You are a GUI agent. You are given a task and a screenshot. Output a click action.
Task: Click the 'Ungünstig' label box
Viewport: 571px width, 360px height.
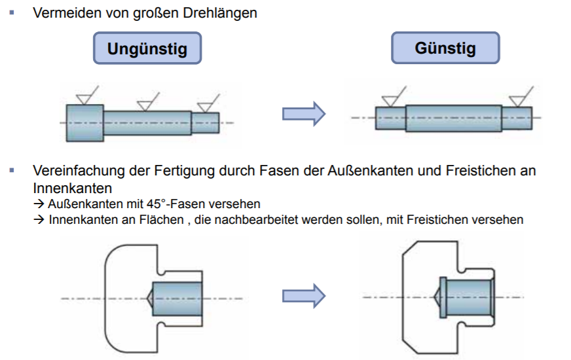[x=147, y=48]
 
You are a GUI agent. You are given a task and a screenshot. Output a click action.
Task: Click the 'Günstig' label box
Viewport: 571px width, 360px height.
[x=445, y=48]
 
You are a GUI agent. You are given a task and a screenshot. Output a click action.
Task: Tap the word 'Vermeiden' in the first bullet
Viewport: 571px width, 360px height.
[x=61, y=13]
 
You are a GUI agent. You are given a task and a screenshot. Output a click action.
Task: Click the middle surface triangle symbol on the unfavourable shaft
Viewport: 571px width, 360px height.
[x=145, y=105]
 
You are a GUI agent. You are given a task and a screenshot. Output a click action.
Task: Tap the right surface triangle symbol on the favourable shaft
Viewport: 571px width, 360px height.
[x=519, y=99]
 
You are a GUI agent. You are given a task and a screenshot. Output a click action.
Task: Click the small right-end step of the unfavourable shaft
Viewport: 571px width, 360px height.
[x=206, y=122]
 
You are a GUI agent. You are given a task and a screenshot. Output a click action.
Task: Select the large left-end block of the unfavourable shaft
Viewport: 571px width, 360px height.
[x=84, y=122]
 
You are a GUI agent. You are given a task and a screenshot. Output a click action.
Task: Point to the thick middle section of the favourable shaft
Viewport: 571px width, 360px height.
[x=453, y=118]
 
